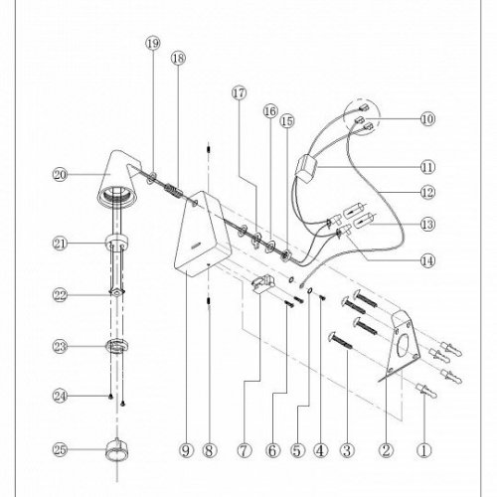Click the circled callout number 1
click(424, 450)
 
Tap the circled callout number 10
click(427, 118)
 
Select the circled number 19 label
click(153, 44)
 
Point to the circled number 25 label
click(60, 449)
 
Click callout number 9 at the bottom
click(186, 450)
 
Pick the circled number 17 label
click(239, 92)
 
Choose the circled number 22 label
click(60, 295)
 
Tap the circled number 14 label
click(427, 260)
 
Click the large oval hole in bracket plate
click(403, 346)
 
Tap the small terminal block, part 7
click(263, 282)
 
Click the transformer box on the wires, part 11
click(306, 168)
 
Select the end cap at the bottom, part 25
click(117, 450)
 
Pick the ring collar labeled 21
click(117, 242)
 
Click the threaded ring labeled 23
click(117, 346)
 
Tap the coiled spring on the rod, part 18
click(173, 192)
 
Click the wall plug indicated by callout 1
click(426, 390)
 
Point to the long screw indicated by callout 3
click(340, 341)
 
